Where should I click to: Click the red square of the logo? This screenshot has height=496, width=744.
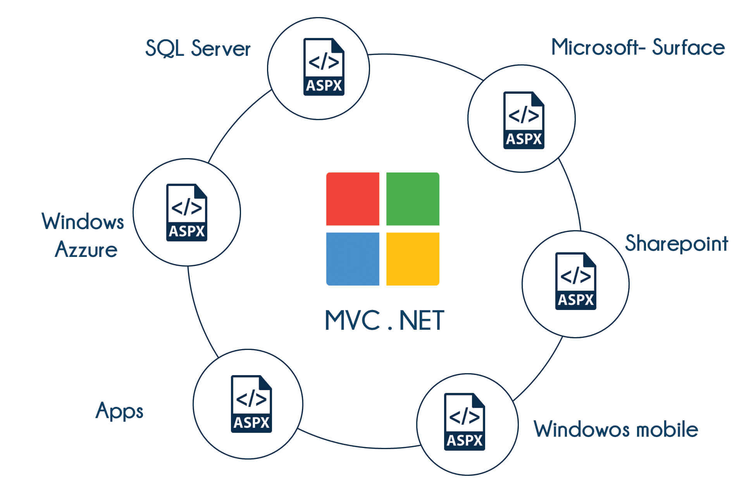coord(353,199)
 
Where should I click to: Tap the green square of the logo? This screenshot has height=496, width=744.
coord(413,199)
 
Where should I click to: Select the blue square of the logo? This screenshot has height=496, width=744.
coord(353,259)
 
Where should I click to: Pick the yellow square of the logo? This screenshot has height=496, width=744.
coord(413,259)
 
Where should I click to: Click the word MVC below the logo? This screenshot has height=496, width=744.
coord(352,320)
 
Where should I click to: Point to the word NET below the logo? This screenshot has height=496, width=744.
coord(421,320)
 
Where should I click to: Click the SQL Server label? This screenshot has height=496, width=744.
coord(198,48)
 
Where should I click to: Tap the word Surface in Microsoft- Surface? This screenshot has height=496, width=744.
coord(688,47)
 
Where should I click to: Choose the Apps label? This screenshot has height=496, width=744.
coord(119,411)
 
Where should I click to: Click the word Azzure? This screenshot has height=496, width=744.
coord(86,249)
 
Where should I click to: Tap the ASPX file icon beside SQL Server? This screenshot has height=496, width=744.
coord(324,67)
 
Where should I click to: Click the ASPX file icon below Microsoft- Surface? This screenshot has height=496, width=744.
coord(524,120)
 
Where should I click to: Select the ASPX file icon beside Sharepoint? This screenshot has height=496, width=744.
coord(575,281)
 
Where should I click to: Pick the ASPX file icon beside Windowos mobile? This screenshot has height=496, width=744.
coord(464,422)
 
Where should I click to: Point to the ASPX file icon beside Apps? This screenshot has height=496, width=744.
coord(251,404)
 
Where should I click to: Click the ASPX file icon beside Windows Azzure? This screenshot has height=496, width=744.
coord(186,212)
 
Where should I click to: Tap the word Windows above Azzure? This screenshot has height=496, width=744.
coord(83,222)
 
